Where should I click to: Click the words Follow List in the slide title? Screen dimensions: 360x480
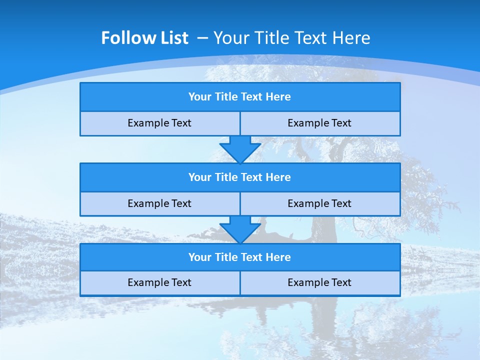[144, 38]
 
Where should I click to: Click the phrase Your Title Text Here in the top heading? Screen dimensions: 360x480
[291, 38]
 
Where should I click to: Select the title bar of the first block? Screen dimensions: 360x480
[240, 97]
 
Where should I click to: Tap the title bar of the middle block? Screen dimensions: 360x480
[240, 177]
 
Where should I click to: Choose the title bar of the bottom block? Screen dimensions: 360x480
[240, 257]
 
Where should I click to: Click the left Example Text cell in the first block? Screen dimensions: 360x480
[159, 123]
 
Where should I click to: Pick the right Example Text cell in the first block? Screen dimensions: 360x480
[319, 123]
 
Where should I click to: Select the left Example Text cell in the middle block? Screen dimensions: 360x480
[159, 203]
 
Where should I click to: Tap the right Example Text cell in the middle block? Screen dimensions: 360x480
[319, 203]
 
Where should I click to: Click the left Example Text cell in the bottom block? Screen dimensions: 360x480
[159, 282]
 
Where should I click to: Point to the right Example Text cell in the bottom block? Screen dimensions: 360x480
[319, 282]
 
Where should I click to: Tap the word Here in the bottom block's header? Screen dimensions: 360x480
[278, 257]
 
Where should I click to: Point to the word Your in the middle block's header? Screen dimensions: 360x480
[200, 177]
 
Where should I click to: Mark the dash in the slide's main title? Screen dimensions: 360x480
[202, 38]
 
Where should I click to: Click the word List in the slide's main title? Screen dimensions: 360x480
[174, 38]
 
